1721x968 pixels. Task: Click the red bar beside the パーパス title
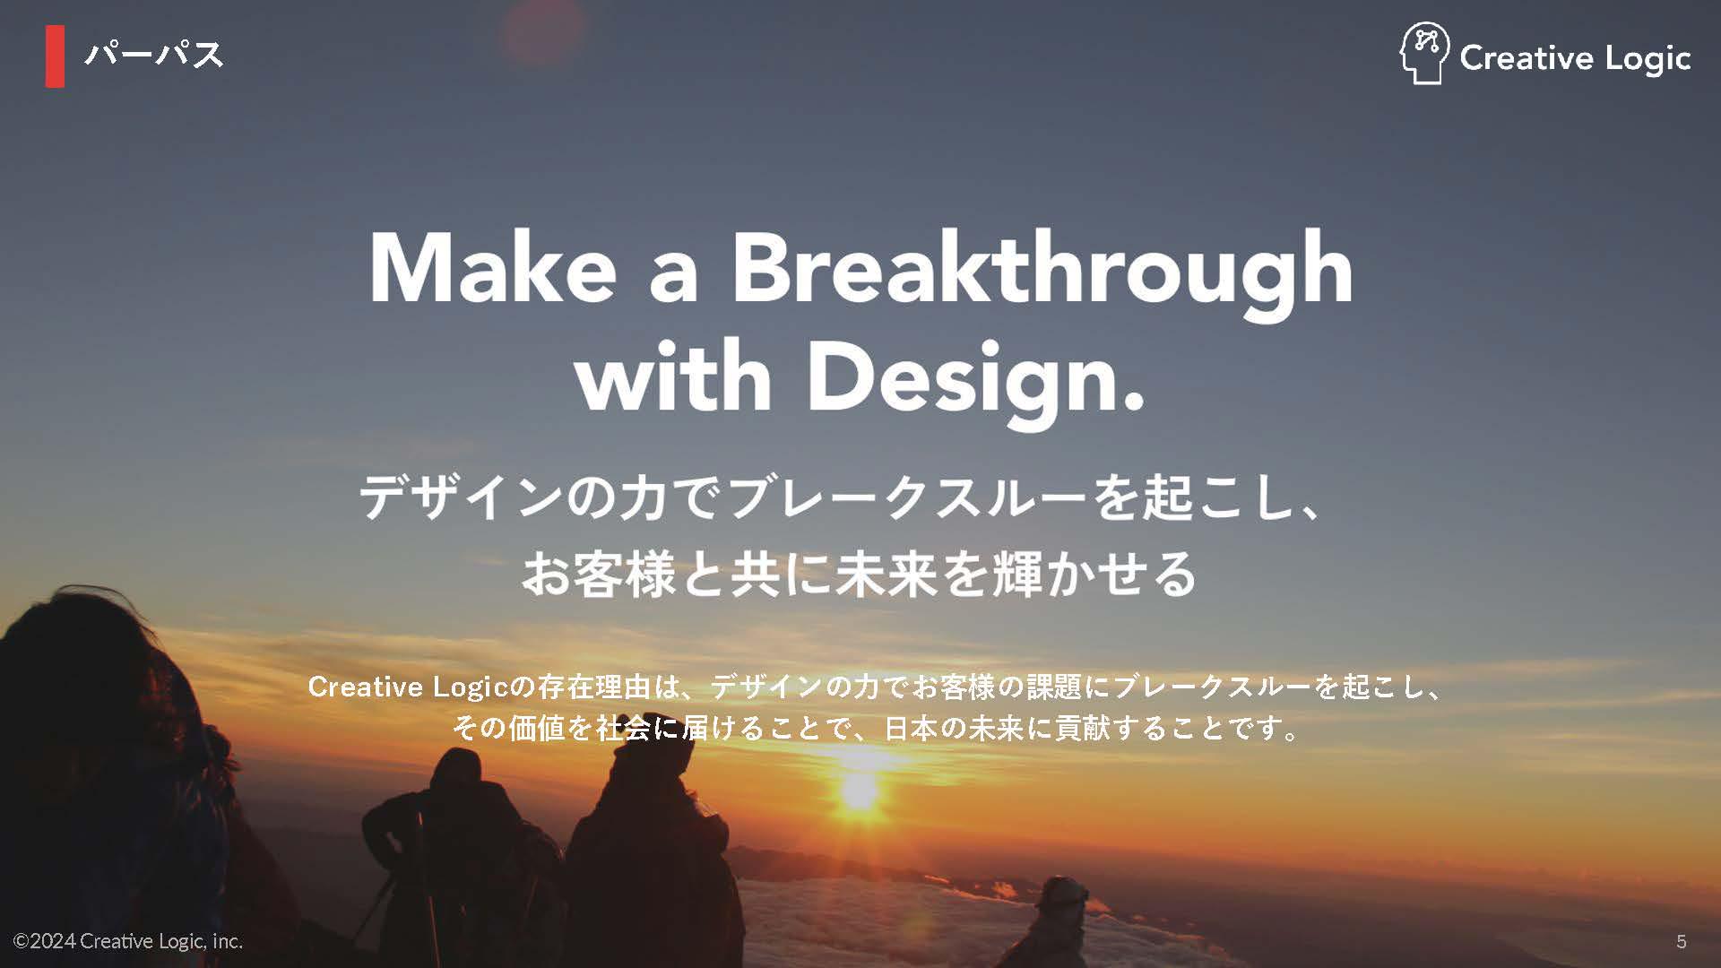(55, 56)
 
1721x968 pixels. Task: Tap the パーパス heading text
(153, 56)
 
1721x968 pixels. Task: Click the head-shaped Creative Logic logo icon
(1424, 54)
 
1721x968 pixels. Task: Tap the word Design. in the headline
(976, 382)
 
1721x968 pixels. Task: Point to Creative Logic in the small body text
(408, 687)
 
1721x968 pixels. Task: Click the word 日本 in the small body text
(911, 728)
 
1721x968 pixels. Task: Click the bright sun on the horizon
(860, 789)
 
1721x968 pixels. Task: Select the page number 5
(1682, 941)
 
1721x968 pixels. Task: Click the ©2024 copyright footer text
(128, 941)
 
